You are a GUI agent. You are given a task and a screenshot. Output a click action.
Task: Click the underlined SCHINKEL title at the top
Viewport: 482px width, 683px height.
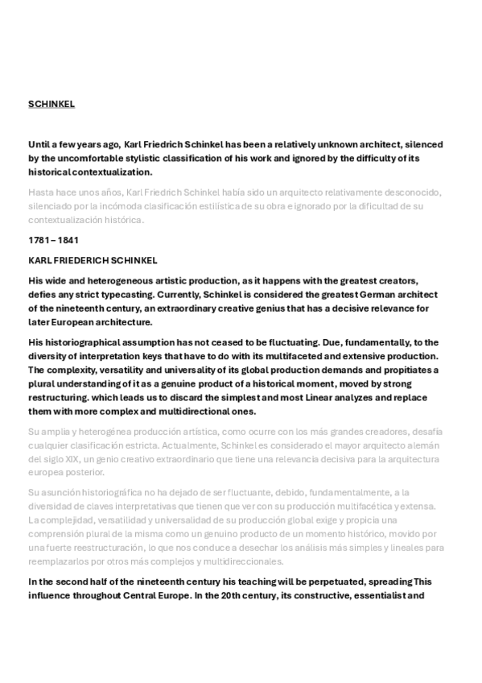[51, 104]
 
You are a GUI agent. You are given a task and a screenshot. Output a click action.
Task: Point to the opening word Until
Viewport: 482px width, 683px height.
[39, 144]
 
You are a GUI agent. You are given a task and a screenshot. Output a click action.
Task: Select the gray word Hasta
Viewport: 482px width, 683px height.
[41, 192]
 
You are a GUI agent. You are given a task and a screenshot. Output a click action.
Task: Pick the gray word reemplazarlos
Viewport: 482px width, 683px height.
[60, 561]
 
